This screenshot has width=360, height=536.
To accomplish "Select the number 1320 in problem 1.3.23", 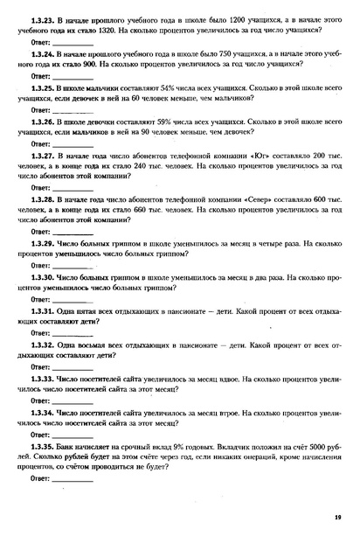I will pyautogui.click(x=111, y=29).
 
